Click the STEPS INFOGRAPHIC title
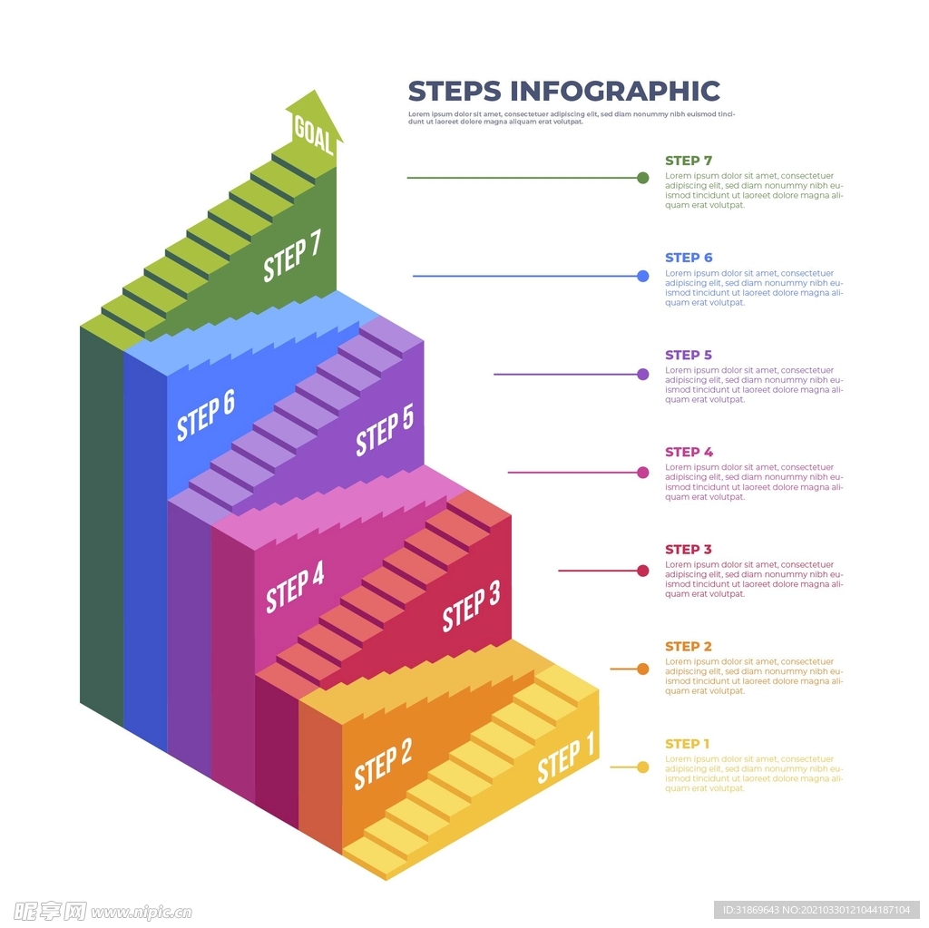tap(563, 92)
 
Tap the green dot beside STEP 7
tap(643, 178)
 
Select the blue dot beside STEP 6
tap(643, 276)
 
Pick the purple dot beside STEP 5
tap(643, 374)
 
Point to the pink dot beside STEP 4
tap(643, 473)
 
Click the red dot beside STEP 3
tap(643, 571)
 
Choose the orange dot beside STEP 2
tap(643, 669)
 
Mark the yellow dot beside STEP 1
tap(643, 767)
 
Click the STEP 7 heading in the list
tap(689, 161)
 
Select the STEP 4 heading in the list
tap(689, 452)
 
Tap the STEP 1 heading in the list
tap(688, 744)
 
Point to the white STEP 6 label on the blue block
tap(206, 415)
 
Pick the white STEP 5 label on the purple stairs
tap(385, 431)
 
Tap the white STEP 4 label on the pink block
tap(295, 587)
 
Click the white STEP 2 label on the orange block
tap(383, 763)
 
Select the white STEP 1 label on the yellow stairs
tap(566, 760)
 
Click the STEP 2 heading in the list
tap(689, 647)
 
